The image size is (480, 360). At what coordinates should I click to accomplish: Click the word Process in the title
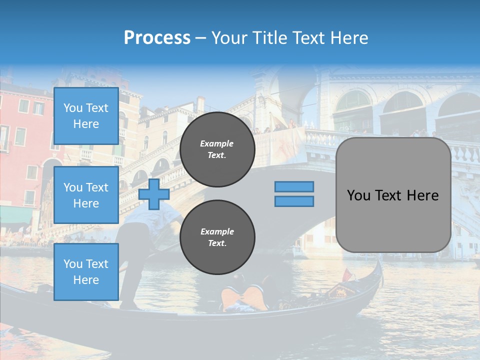[157, 38]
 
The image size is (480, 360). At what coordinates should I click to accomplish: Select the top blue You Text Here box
[86, 116]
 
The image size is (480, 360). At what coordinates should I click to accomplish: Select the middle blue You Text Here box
[86, 195]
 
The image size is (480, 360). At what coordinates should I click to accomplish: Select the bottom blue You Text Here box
[86, 271]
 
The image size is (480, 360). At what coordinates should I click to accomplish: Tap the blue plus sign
[154, 194]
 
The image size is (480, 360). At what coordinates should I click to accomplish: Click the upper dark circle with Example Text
[217, 149]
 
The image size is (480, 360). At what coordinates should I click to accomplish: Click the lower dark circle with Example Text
[217, 237]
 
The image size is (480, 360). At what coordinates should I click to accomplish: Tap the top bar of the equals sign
[294, 186]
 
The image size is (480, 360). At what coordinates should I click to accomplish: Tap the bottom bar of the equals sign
[294, 201]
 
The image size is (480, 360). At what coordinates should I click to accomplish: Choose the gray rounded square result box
[393, 195]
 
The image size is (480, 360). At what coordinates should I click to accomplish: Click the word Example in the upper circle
[217, 143]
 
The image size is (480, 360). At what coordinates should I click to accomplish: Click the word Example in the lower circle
[217, 231]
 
